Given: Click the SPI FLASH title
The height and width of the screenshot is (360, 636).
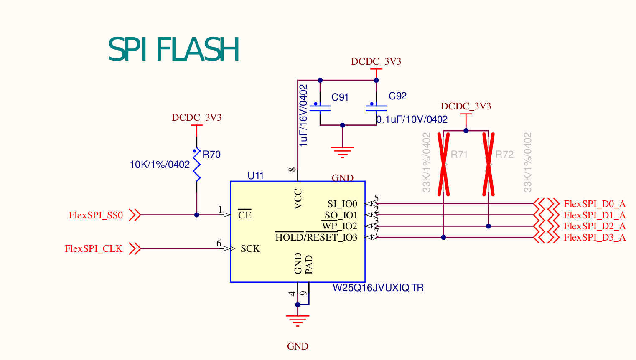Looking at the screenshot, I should [x=173, y=50].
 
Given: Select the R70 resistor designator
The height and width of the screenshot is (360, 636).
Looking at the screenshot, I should [x=211, y=155].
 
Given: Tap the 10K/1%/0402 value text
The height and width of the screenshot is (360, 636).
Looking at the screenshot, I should [x=160, y=165].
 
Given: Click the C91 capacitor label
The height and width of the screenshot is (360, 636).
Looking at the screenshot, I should [x=340, y=97].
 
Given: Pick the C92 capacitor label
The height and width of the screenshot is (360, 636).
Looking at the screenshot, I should [x=397, y=96].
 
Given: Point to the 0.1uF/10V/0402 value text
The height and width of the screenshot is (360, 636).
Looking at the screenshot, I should [x=412, y=119].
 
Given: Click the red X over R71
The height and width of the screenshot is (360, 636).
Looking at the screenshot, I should [x=443, y=164].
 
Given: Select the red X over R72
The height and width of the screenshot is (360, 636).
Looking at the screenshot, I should [x=488, y=164].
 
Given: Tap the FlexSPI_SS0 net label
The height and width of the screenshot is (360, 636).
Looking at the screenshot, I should [x=96, y=215].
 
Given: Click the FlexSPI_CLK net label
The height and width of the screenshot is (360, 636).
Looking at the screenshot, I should [x=93, y=249].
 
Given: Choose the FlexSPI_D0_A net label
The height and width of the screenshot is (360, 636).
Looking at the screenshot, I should [x=594, y=204].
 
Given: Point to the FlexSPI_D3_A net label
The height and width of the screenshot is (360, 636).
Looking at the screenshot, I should [x=594, y=238].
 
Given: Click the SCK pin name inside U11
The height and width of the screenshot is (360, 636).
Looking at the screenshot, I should [x=250, y=249].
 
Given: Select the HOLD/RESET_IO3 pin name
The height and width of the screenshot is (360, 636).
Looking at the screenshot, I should [x=316, y=238].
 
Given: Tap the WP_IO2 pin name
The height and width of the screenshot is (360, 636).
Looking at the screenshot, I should [x=339, y=226].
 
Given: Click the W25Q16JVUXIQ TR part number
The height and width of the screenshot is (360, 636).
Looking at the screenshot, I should [x=378, y=288].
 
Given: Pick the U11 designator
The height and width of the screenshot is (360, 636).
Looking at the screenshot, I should [x=255, y=176].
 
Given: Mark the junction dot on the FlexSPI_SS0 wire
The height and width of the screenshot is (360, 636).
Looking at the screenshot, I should [x=197, y=215].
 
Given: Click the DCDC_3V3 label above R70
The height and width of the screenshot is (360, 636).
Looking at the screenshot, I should [x=196, y=118].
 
